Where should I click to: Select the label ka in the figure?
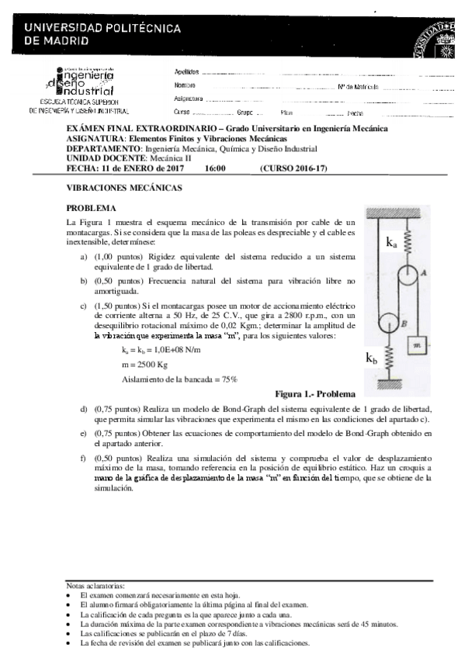point(392,242)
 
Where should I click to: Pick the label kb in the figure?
point(372,358)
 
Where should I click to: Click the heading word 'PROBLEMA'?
point(91,209)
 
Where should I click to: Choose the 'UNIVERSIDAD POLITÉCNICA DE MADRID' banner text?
point(102,34)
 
